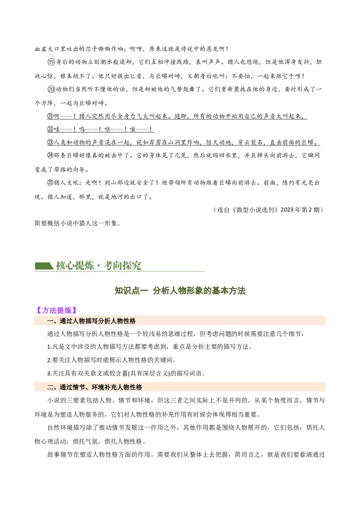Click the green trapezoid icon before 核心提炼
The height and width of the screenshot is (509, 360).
click(44, 265)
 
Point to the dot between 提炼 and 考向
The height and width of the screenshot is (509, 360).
click(99, 266)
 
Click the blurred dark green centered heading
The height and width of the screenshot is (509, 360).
click(180, 290)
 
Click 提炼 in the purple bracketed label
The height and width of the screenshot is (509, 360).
click(65, 310)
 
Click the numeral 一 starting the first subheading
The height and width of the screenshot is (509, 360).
click(50, 321)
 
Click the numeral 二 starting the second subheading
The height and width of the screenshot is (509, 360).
click(50, 387)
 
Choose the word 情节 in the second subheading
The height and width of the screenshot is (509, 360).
click(79, 387)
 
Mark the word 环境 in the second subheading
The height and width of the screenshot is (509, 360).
click(98, 387)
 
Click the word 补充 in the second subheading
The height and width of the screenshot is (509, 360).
click(111, 387)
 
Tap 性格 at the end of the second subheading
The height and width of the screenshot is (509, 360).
click(136, 387)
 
